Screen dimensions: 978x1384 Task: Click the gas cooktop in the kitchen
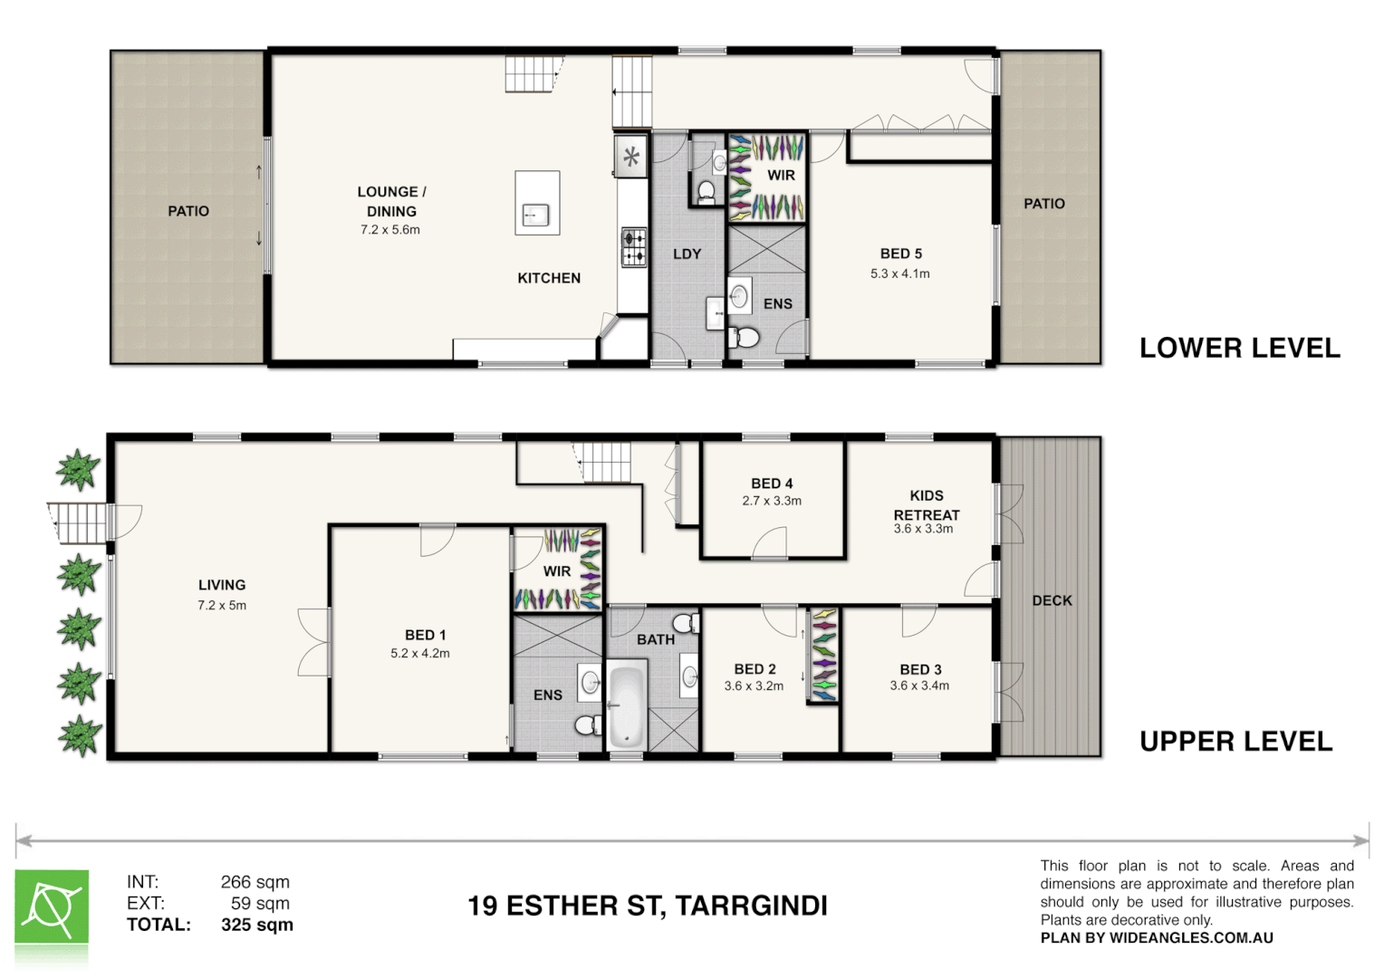pyautogui.click(x=633, y=247)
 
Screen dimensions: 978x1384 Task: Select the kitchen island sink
pyautogui.click(x=535, y=216)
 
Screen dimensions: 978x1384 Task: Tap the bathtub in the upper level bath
pyautogui.click(x=626, y=707)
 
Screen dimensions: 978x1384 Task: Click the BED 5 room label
pyautogui.click(x=900, y=254)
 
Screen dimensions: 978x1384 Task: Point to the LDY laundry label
pyautogui.click(x=687, y=254)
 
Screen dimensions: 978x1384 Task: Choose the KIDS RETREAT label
pyautogui.click(x=926, y=505)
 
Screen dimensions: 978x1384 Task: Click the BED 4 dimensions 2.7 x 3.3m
pyautogui.click(x=772, y=501)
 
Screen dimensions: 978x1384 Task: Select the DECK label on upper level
pyautogui.click(x=1052, y=600)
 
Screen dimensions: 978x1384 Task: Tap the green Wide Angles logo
pyautogui.click(x=52, y=907)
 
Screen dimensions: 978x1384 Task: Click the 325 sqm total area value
pyautogui.click(x=257, y=925)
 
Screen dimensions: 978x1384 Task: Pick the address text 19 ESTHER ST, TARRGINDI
pyautogui.click(x=647, y=906)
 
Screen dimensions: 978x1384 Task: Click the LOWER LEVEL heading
pyautogui.click(x=1239, y=349)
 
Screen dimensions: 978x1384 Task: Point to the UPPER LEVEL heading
pyautogui.click(x=1235, y=742)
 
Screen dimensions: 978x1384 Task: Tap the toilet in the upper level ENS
pyautogui.click(x=589, y=724)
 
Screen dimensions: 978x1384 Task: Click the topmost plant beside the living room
pyautogui.click(x=78, y=470)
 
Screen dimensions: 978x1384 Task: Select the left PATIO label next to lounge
pyautogui.click(x=188, y=211)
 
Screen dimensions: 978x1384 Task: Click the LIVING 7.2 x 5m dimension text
pyautogui.click(x=222, y=606)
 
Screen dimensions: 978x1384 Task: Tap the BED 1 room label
pyautogui.click(x=425, y=636)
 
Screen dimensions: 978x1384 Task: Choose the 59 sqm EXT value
pyautogui.click(x=260, y=903)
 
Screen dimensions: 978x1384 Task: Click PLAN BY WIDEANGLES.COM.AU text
pyautogui.click(x=1157, y=938)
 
